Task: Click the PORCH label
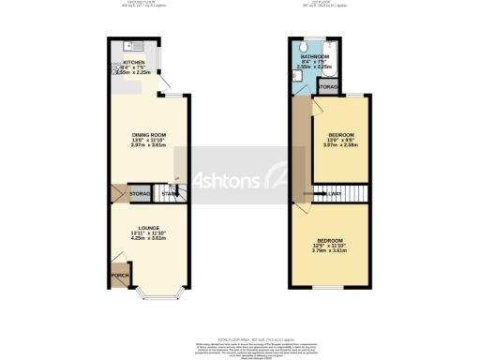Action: tap(119, 276)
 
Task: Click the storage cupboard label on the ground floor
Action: tap(140, 194)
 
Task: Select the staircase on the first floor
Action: tap(328, 194)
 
